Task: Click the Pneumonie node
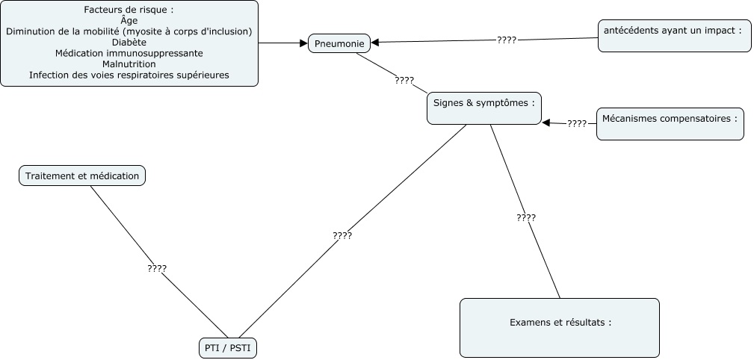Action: (x=339, y=43)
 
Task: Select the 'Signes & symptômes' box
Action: (x=483, y=108)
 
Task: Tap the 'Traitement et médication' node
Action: (x=82, y=176)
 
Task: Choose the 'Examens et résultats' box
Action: (x=559, y=327)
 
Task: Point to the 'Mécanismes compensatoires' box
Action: (x=670, y=123)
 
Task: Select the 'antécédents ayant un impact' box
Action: (x=674, y=36)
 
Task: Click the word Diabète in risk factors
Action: (x=129, y=43)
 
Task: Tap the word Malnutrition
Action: (x=129, y=64)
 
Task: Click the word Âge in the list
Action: (x=129, y=21)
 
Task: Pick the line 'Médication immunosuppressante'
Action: (x=129, y=54)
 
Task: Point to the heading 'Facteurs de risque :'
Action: (x=129, y=10)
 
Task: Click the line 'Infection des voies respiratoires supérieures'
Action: (x=129, y=75)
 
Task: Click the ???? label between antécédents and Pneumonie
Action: (x=506, y=40)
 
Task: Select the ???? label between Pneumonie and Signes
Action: (x=404, y=80)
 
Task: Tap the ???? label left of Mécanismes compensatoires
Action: (x=576, y=123)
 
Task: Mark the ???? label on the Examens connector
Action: (x=525, y=217)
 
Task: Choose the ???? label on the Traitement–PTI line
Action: (x=157, y=267)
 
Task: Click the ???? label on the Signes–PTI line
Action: (x=342, y=235)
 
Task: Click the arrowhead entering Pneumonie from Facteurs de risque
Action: (x=303, y=43)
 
